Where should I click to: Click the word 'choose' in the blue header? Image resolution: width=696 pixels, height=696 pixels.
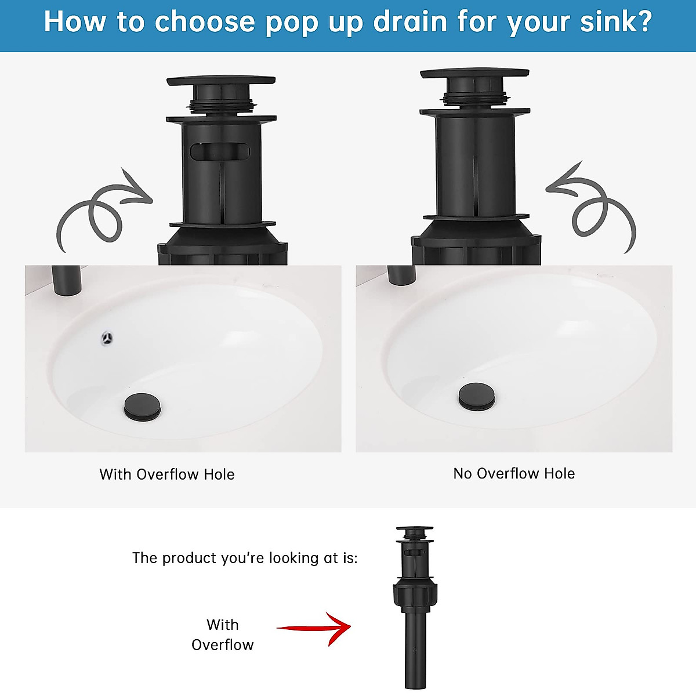[x=204, y=23]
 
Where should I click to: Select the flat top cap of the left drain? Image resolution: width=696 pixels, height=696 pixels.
[x=220, y=81]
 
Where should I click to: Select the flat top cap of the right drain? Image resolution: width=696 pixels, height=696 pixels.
[x=474, y=74]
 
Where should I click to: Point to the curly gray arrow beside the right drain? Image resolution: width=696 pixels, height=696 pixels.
[x=594, y=209]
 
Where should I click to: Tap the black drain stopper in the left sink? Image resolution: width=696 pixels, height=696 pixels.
[x=142, y=405]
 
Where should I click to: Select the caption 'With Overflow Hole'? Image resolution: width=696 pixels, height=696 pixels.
[x=167, y=474]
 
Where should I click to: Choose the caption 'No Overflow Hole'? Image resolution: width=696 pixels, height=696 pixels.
[x=514, y=473]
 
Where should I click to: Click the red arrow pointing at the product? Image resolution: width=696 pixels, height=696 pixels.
[x=316, y=628]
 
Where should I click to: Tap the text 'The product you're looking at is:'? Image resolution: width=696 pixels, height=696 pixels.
[x=245, y=558]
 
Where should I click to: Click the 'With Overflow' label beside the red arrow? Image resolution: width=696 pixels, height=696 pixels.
[x=223, y=635]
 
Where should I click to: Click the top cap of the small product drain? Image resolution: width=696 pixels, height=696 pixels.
[x=414, y=530]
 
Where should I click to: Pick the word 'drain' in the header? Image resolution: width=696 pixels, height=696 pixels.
[x=410, y=21]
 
